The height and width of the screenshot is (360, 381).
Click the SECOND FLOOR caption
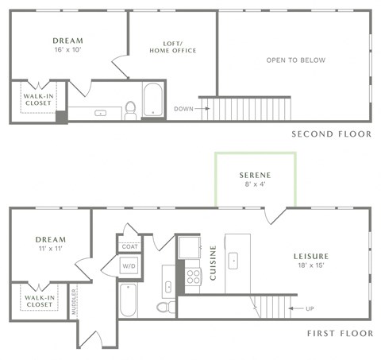[x=331, y=134]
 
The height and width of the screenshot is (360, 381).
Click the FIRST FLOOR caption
[x=339, y=335]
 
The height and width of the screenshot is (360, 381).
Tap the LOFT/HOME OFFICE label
[x=172, y=46]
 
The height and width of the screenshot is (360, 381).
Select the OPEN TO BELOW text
[x=295, y=60]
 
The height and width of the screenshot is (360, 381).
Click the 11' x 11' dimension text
[x=50, y=250]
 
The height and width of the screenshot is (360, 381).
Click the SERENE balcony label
[x=256, y=175]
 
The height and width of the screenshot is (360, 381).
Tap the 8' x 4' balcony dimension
[x=256, y=185]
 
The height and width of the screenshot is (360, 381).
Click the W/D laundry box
[x=129, y=266]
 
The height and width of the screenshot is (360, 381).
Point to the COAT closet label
[x=129, y=246]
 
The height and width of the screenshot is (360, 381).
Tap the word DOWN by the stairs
[x=183, y=109]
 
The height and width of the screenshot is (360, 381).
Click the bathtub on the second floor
[x=152, y=102]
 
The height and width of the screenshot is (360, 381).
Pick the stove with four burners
[x=193, y=277]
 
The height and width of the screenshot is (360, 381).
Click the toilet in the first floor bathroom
[x=164, y=306]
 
